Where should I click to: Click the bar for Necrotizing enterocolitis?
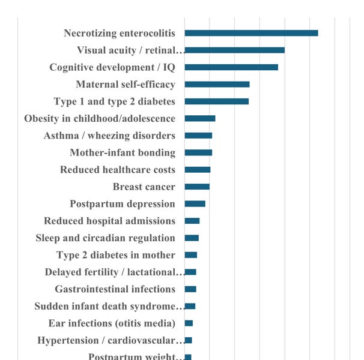point(251,33)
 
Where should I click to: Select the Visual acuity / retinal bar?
point(234,50)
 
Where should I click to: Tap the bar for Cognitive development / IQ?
point(231,67)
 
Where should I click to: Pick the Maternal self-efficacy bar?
point(217,84)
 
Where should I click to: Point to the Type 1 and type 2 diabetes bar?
point(216,101)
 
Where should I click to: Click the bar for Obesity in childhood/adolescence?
point(200,118)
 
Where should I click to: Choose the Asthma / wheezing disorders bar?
point(198,136)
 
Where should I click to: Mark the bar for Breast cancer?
point(197,187)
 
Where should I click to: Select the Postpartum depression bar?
point(195,203)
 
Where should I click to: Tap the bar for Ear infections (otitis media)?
point(189,323)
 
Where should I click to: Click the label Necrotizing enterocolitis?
point(120,33)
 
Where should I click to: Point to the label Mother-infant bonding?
point(123,152)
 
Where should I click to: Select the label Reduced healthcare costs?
point(118,170)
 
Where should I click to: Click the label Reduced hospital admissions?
point(109,221)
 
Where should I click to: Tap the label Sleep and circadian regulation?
point(105,238)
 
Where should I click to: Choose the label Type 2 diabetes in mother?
point(116,255)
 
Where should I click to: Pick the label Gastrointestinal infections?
point(115,289)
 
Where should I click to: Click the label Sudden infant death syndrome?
point(109,306)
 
